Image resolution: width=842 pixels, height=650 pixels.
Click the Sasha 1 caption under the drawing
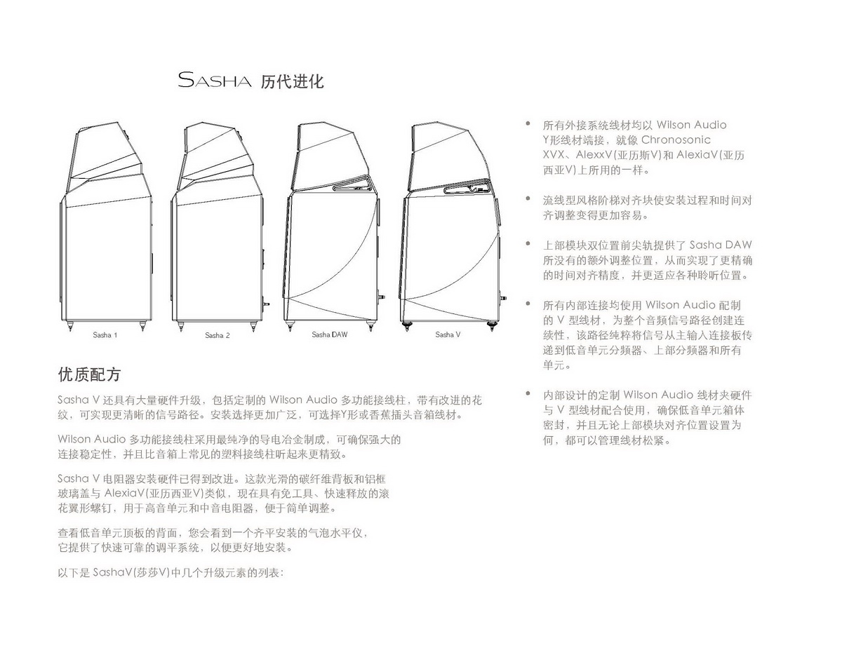click(105, 335)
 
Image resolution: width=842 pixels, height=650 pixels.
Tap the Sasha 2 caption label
click(217, 335)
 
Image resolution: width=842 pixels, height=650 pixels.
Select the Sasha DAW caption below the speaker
click(329, 334)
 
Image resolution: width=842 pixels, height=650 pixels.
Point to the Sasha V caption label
click(448, 334)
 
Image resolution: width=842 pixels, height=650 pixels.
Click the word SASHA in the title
click(215, 80)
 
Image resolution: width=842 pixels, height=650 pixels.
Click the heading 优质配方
click(90, 374)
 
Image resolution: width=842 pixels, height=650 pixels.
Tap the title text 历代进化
click(292, 81)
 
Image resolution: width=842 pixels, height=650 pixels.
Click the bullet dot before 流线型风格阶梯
click(528, 198)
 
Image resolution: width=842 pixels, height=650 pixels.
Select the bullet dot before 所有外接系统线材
click(528, 123)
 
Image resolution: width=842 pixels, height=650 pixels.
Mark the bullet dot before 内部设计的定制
click(528, 394)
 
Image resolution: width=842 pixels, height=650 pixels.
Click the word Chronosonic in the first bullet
click(676, 140)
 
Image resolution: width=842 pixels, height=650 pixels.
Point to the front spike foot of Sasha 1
click(69, 325)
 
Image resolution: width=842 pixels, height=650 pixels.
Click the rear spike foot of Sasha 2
click(253, 326)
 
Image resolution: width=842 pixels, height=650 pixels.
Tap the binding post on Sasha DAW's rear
click(383, 298)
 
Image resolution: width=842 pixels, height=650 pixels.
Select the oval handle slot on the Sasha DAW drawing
click(355, 184)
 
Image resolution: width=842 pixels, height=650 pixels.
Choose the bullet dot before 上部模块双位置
click(528, 243)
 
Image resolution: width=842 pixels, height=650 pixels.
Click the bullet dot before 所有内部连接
click(528, 304)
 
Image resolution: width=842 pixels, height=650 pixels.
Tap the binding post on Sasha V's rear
click(503, 299)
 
